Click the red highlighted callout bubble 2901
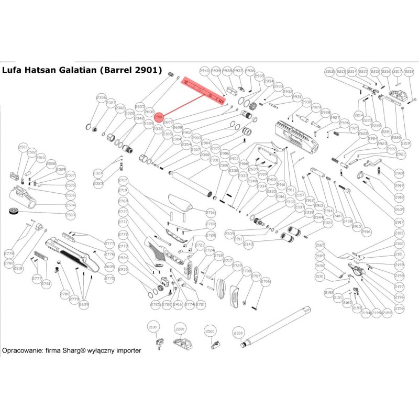click(159, 119)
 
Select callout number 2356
click(102, 98)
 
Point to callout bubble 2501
click(23, 148)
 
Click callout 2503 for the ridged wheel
click(70, 215)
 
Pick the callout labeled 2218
click(409, 71)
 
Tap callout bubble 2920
click(400, 173)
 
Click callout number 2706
click(266, 282)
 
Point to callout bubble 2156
click(400, 309)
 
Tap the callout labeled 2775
click(109, 279)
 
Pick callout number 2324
click(98, 173)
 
